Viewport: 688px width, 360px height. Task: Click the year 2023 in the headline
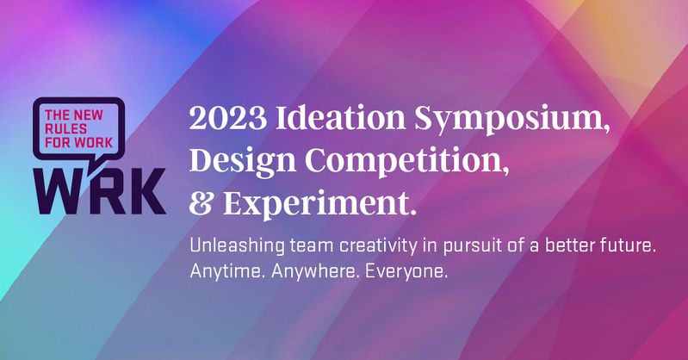point(227,118)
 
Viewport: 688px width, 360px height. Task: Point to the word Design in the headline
point(243,161)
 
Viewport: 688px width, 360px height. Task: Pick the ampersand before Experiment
point(201,204)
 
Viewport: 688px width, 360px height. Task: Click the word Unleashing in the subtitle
point(237,245)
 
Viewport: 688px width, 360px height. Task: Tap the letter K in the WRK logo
point(146,191)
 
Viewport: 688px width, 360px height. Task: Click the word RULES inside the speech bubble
point(65,128)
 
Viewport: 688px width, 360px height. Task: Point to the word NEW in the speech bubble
point(88,115)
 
